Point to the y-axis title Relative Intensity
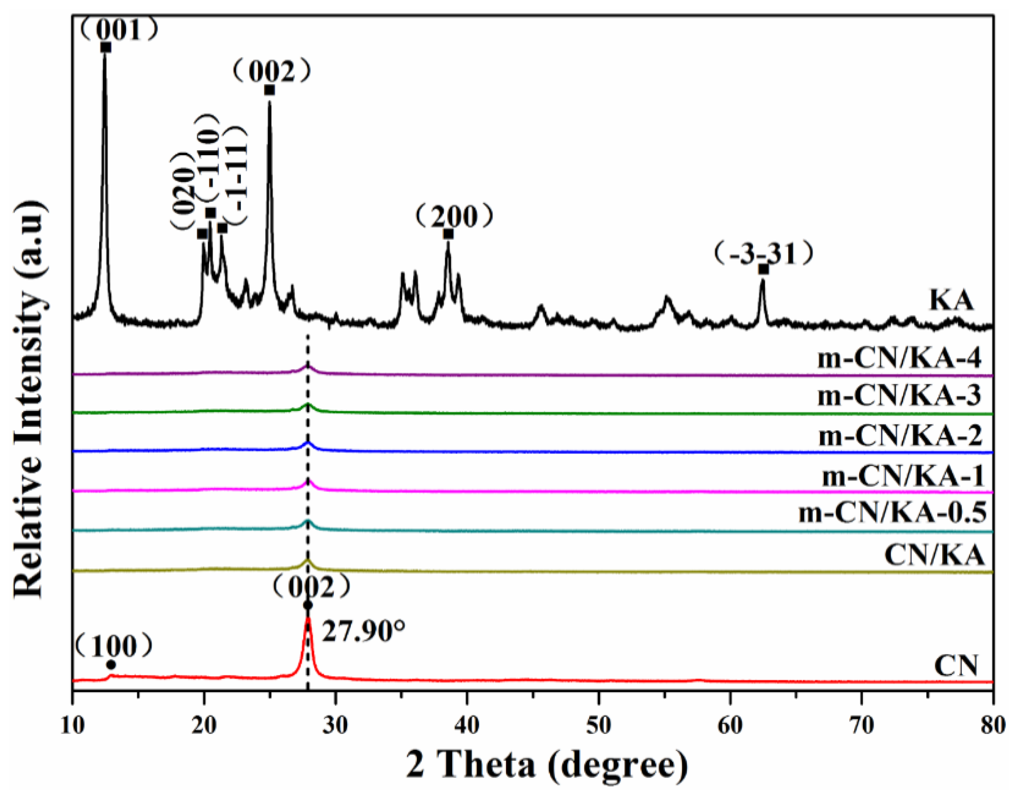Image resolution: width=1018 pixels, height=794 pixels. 29,401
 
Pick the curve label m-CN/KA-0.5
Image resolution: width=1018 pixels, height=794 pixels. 893,513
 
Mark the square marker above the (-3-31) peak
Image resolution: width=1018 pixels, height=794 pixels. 763,269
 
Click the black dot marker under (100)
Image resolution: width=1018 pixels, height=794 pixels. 111,664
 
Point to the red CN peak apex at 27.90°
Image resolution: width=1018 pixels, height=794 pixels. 308,618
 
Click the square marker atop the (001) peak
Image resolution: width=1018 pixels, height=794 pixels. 106,47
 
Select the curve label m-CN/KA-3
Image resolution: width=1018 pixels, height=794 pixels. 899,396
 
